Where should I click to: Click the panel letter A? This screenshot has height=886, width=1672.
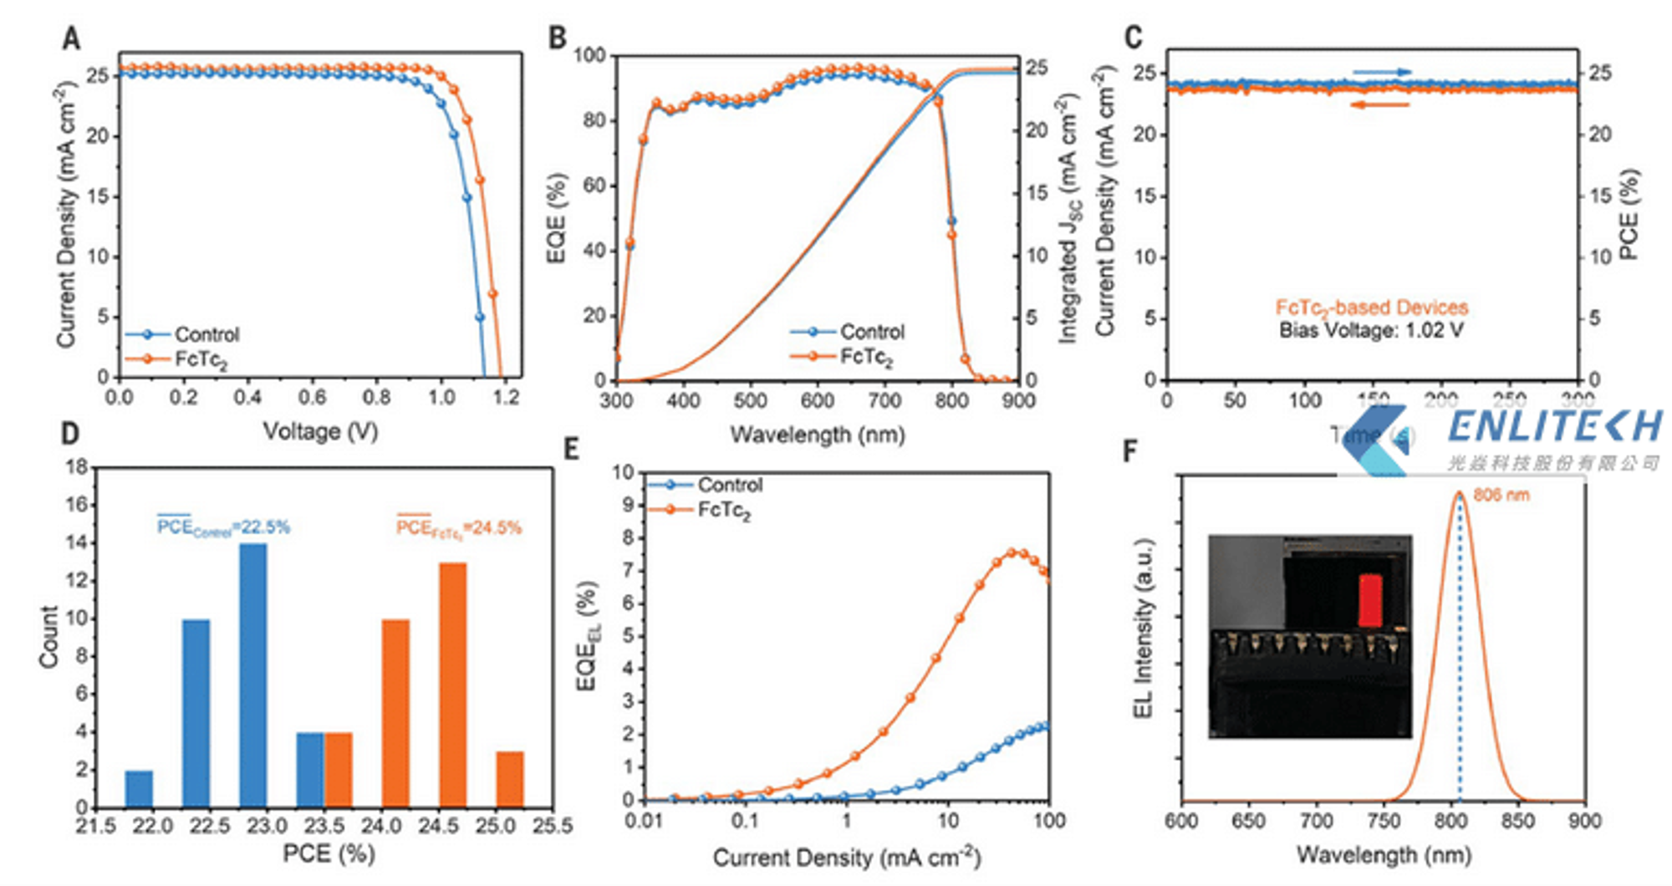tap(72, 38)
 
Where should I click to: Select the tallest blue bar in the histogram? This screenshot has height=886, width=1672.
tap(253, 675)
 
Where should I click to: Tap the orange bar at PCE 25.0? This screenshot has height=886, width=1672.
tap(510, 778)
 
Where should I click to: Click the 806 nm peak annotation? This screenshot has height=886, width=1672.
tap(1501, 495)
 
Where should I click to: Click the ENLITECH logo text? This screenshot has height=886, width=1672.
tap(1554, 426)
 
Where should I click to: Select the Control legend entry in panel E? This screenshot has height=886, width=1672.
tap(729, 485)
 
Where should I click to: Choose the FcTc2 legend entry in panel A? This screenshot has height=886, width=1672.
tap(201, 359)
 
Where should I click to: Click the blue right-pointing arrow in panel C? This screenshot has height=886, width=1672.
tap(1381, 73)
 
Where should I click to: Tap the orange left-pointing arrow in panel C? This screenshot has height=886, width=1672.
tap(1379, 105)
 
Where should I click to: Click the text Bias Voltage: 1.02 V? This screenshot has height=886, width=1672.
tap(1371, 330)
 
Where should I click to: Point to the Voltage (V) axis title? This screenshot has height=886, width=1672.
tap(320, 431)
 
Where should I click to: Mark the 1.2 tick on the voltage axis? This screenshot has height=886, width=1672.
tap(506, 397)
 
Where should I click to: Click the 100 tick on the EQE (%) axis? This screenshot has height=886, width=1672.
tap(589, 55)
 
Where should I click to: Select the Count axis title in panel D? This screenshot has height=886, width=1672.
tap(48, 636)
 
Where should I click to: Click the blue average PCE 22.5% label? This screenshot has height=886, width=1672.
tap(223, 527)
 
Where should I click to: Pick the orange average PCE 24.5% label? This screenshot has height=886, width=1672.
tap(458, 527)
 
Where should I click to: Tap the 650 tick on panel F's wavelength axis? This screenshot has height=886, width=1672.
tap(1248, 822)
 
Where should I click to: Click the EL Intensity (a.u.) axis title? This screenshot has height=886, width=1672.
tap(1143, 628)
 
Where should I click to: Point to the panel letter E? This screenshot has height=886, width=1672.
tap(571, 450)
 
